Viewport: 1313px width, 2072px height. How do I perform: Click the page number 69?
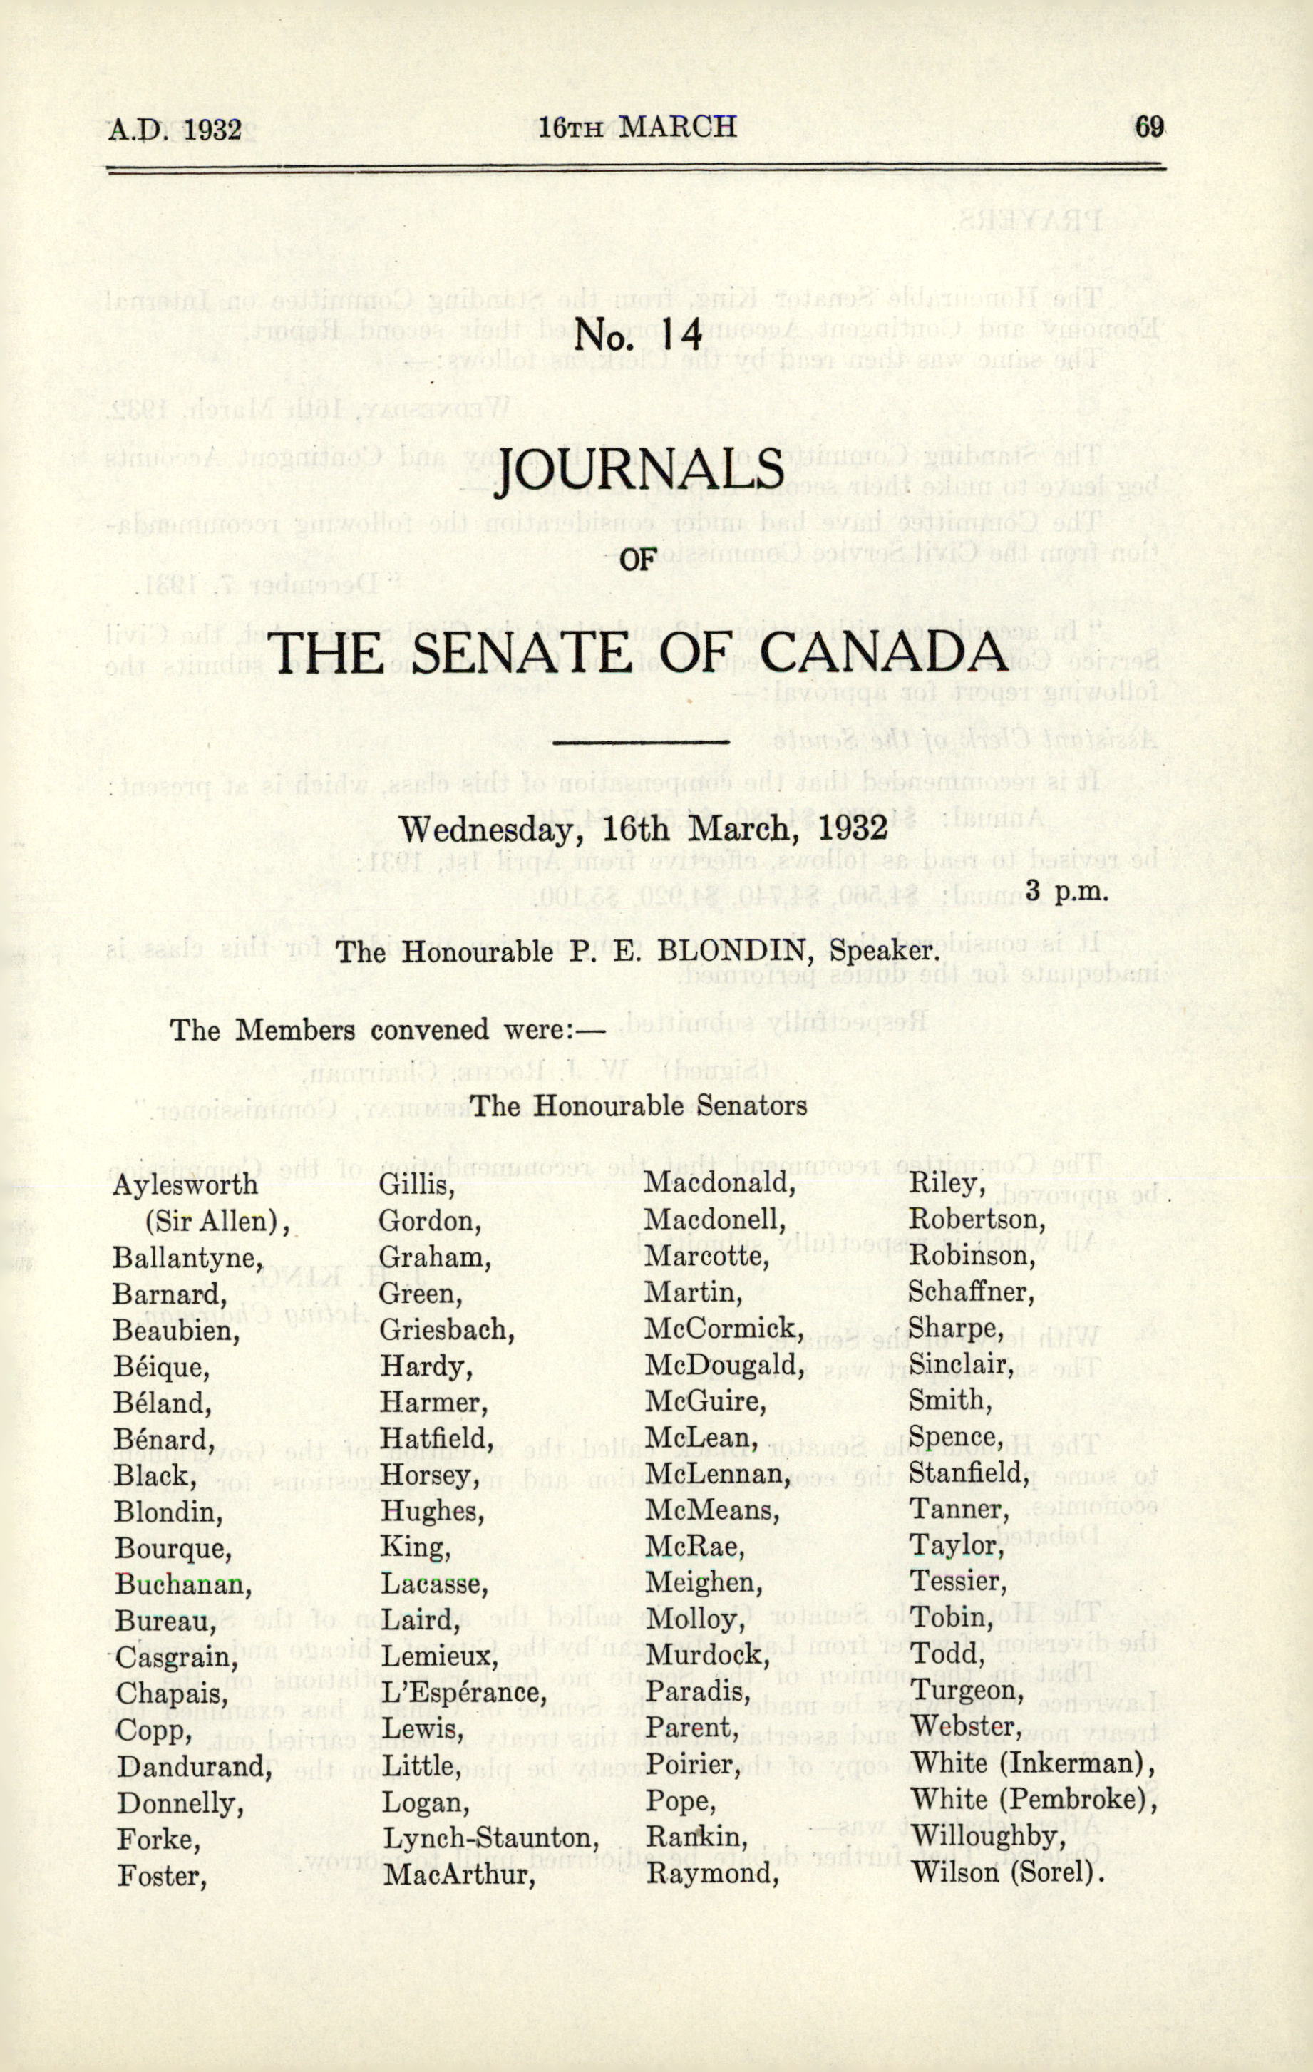1148,126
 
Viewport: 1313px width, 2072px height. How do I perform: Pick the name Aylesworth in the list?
185,1185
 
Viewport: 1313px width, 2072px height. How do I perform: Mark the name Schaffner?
971,1292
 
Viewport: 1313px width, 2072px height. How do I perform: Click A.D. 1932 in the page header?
175,129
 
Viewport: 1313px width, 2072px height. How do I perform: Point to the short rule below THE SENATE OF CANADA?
641,740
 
